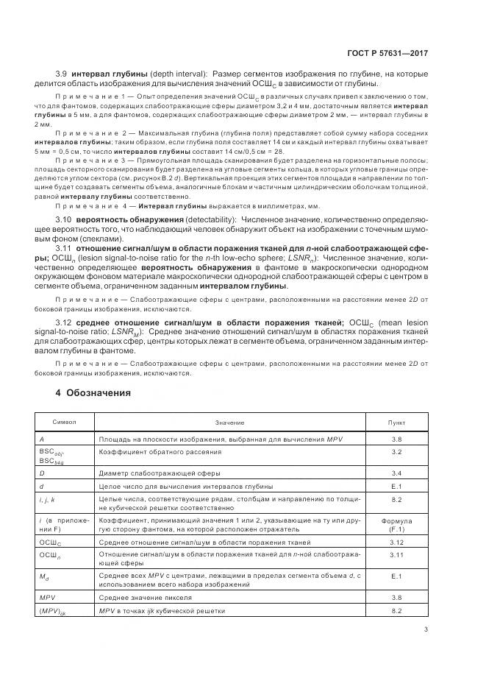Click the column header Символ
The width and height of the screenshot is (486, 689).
pos(62,422)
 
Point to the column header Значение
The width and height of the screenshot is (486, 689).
pos(229,423)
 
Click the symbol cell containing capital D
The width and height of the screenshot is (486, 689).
pos(42,473)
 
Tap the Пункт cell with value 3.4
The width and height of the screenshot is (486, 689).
pos(396,473)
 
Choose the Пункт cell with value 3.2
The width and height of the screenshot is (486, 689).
pos(396,452)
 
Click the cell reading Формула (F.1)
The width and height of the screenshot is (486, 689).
pos(396,524)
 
